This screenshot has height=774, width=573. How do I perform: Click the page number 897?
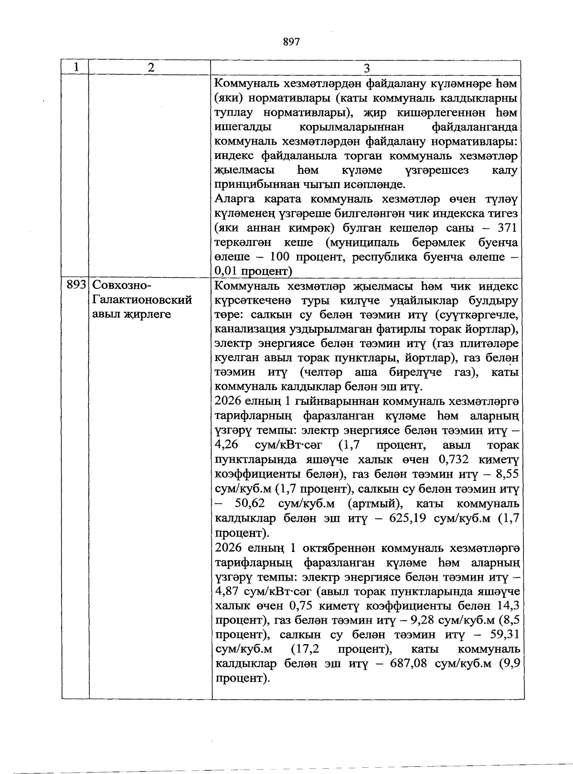291,42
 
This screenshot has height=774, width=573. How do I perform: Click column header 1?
75,68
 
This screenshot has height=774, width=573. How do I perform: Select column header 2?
151,68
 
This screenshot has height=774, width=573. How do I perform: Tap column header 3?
366,68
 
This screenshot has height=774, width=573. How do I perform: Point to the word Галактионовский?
142,300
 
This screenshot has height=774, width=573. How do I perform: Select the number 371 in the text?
507,228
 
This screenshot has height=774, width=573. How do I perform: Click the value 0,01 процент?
253,271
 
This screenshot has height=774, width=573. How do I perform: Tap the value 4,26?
227,445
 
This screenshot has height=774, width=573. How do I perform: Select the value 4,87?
227,592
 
